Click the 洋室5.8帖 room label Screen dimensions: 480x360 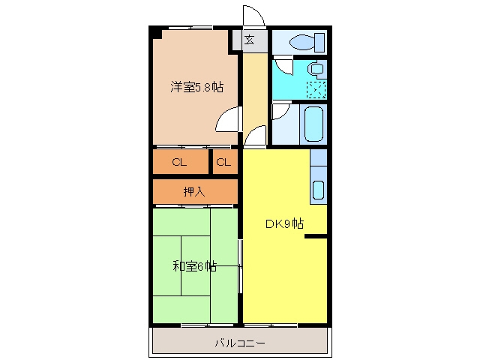point(196,87)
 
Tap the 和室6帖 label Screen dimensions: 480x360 point(195,266)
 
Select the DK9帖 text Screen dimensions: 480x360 point(284,223)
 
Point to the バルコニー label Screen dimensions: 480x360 point(240,343)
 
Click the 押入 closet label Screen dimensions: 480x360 point(194,192)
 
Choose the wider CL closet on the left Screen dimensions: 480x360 point(179,162)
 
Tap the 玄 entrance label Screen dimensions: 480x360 point(249,40)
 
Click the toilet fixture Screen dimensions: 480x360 point(307,42)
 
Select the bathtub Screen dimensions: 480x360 point(313,124)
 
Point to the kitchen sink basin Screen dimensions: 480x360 point(318,190)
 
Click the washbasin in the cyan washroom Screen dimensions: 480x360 point(316,68)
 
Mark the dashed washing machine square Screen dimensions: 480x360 point(316,90)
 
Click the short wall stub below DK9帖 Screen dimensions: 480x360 point(316,236)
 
